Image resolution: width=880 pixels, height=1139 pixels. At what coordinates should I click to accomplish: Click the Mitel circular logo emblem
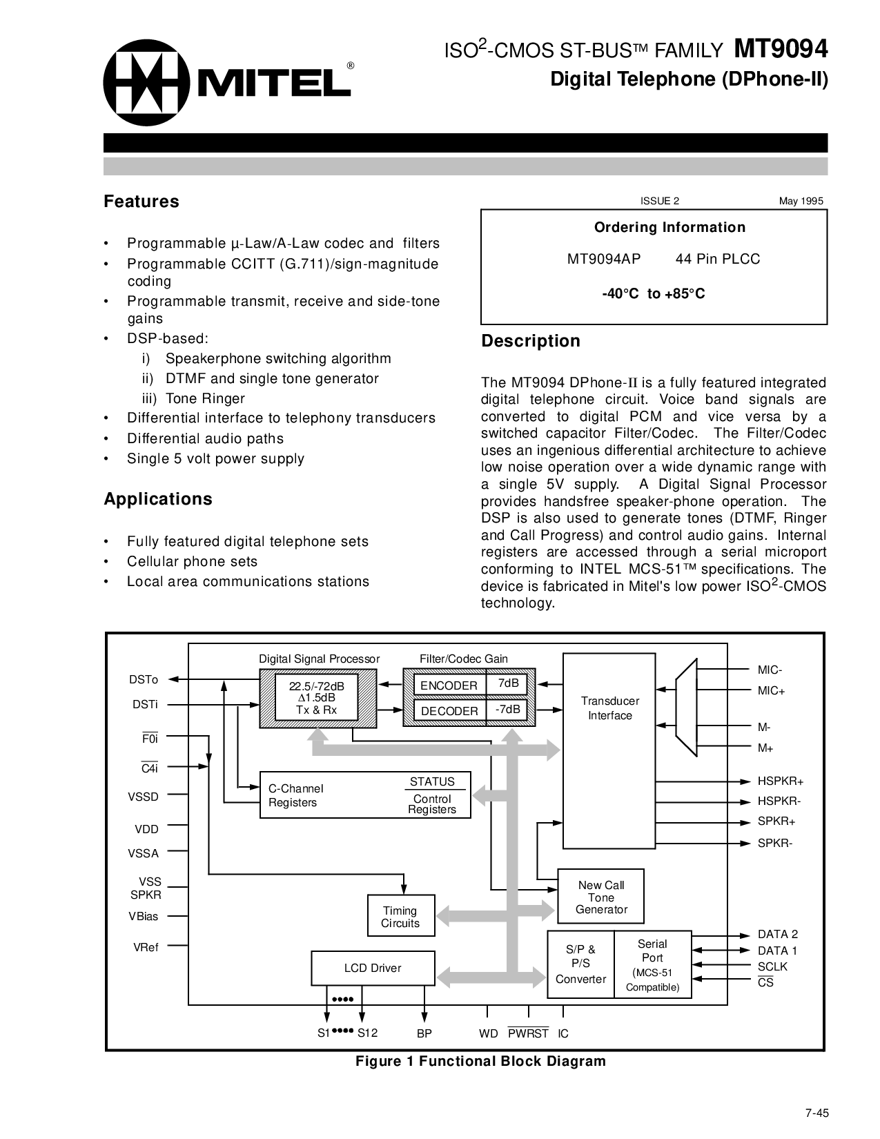coord(146,83)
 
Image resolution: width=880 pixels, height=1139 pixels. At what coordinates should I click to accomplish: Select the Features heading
coord(141,202)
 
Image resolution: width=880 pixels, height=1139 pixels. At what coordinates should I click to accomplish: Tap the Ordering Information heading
coord(669,227)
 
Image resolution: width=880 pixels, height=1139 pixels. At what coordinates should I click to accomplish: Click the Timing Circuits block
coord(400,917)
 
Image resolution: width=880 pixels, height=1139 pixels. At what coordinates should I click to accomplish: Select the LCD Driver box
coord(373,968)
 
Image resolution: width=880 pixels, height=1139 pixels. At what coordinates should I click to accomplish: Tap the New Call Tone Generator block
coord(600,897)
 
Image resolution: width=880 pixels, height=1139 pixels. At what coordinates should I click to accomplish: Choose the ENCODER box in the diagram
coord(449,685)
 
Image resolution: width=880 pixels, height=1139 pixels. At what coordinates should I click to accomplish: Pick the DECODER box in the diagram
coord(449,711)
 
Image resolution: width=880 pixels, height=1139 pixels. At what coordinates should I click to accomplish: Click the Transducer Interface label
coord(609,708)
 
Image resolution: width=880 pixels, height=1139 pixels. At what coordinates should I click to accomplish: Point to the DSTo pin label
coord(144,680)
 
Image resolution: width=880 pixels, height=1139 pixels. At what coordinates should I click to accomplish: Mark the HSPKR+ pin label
coord(781,781)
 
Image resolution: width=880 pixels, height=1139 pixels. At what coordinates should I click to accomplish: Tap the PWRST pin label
coord(528,1033)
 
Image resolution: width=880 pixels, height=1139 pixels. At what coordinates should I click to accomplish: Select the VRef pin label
coord(146,948)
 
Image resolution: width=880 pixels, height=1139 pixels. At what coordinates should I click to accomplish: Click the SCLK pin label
coord(772,966)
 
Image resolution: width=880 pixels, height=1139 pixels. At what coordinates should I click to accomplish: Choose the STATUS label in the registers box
coord(432,781)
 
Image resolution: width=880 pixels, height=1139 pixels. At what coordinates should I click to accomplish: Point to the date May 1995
coord(801,201)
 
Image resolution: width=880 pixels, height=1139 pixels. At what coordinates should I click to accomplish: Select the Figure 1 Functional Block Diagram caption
coord(480,1061)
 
